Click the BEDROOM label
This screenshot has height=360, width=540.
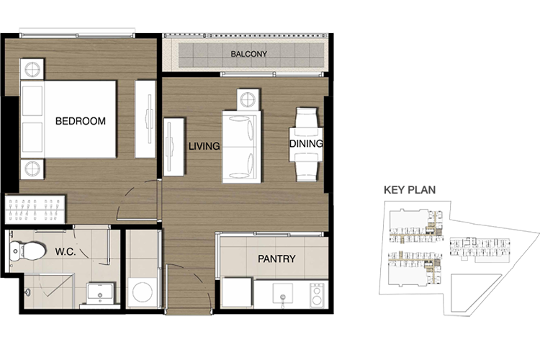point(80,121)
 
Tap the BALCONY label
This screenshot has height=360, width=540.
point(248,54)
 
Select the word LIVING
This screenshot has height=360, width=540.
point(204,146)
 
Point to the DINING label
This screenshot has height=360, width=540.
point(306,144)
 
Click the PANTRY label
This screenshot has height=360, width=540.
point(276,258)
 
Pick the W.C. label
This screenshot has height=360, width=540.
point(66,251)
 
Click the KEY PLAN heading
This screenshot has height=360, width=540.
point(410,190)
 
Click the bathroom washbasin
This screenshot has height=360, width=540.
point(100,293)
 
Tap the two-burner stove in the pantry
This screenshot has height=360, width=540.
point(317,295)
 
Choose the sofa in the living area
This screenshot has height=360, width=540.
point(240,147)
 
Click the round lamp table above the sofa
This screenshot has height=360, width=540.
point(248,99)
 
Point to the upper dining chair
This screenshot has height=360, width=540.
point(306,118)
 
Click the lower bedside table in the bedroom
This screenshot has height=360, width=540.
point(32,168)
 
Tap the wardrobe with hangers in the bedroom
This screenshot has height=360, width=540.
point(35,210)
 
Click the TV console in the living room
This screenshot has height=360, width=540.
point(174,147)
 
